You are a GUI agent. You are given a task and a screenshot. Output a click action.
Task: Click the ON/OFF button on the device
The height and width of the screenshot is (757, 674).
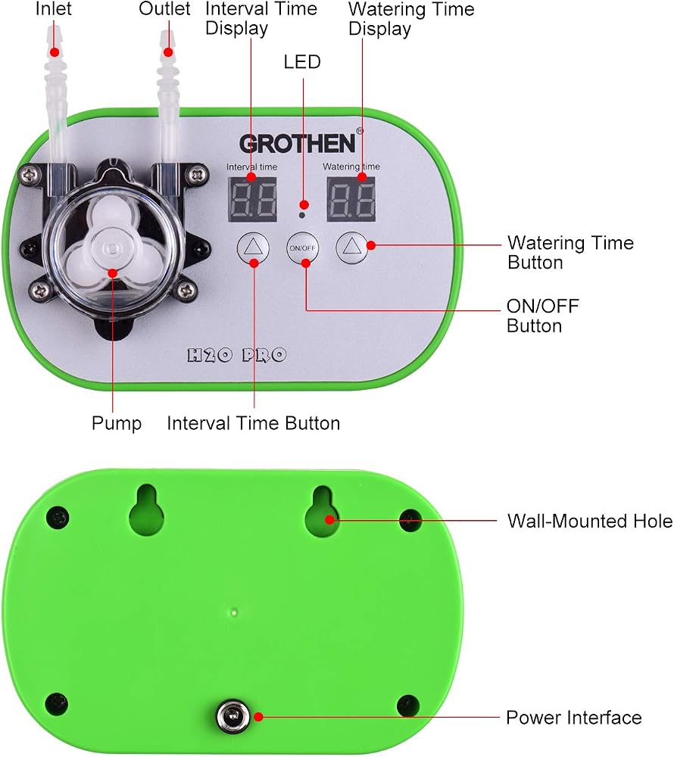click(302, 248)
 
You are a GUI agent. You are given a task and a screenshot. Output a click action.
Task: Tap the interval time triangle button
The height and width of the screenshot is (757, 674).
click(253, 248)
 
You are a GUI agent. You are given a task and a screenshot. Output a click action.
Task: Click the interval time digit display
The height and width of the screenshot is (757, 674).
click(252, 199)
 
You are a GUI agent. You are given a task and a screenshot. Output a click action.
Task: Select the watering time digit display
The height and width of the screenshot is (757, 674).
click(351, 199)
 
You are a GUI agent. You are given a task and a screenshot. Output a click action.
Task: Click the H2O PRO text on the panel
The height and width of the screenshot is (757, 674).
click(236, 355)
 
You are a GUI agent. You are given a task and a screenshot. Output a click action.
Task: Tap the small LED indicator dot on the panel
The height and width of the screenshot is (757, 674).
click(301, 215)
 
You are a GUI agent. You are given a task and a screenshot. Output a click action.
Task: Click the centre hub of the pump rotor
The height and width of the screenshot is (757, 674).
click(112, 248)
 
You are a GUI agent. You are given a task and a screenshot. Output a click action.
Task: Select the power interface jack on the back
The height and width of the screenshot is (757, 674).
click(234, 716)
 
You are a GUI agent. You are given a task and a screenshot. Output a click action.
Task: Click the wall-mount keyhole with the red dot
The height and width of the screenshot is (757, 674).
click(323, 512)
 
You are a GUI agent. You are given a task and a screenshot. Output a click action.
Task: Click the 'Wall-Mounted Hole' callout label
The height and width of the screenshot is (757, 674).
click(589, 522)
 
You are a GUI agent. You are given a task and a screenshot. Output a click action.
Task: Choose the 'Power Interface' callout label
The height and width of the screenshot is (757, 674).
click(573, 718)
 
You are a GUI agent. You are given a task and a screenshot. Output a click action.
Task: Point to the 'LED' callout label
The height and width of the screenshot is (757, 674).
click(302, 62)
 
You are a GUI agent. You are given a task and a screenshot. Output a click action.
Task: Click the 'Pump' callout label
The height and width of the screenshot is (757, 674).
click(117, 423)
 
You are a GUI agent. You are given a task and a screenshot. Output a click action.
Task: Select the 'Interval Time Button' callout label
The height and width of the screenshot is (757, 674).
click(254, 423)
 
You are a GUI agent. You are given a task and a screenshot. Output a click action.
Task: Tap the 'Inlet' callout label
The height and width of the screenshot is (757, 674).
click(54, 8)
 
